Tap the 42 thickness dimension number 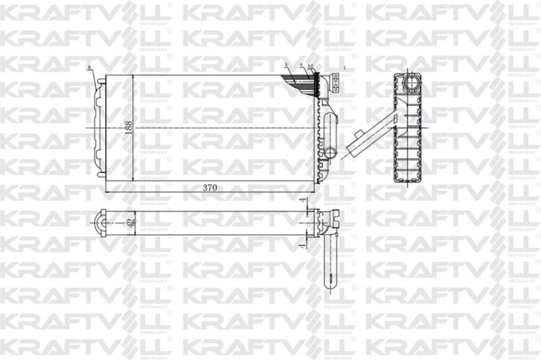coord(129,221)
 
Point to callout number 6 coord(90,66)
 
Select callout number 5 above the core coord(286,65)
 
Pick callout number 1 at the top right coord(345,66)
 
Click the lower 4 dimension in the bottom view coord(303,247)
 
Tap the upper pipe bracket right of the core coord(336,83)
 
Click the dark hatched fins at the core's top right coord(301,80)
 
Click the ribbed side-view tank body coord(407,135)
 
